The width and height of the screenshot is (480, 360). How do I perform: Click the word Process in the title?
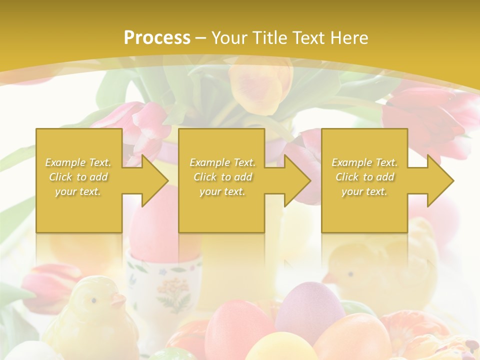coord(157,38)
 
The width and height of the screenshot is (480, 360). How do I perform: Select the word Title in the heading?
coord(268,38)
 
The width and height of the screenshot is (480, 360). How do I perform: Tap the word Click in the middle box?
coord(204,177)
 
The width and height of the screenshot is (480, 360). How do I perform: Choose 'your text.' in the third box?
coord(364,191)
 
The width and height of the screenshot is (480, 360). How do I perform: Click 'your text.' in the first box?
coord(78,191)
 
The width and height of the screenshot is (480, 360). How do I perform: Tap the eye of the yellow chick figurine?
coord(93,300)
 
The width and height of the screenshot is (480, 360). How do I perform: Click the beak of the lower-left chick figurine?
coord(118,301)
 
